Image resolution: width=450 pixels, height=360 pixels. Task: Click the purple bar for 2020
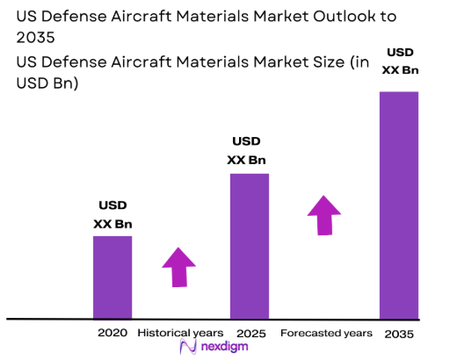(112, 277)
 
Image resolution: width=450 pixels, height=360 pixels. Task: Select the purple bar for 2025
(250, 246)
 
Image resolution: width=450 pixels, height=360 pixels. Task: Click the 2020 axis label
(113, 333)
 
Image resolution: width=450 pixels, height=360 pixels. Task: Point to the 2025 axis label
(250, 333)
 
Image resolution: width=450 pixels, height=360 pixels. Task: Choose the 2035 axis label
(398, 334)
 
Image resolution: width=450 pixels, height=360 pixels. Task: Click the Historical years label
(181, 333)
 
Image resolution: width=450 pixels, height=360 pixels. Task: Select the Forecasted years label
(326, 333)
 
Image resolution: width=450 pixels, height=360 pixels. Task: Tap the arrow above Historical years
(180, 267)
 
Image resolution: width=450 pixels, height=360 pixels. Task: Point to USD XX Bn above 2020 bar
(112, 215)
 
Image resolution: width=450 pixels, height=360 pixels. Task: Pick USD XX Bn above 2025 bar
(247, 150)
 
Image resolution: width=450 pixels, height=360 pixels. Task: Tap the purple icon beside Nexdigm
(187, 348)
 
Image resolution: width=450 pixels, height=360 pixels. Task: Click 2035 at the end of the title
(32, 38)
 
